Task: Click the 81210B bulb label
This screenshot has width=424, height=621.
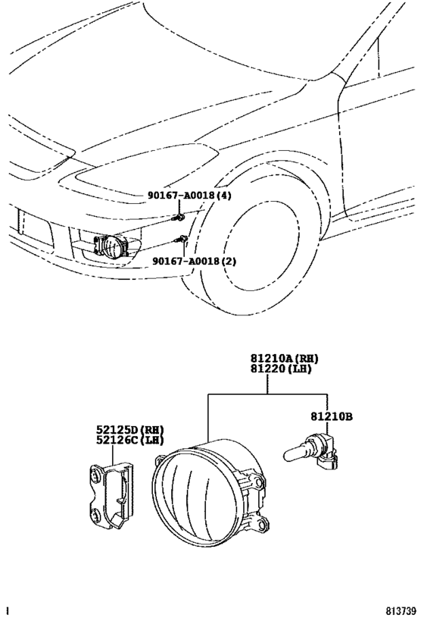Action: coord(331,416)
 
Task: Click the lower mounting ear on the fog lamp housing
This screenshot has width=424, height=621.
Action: coord(263,522)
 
